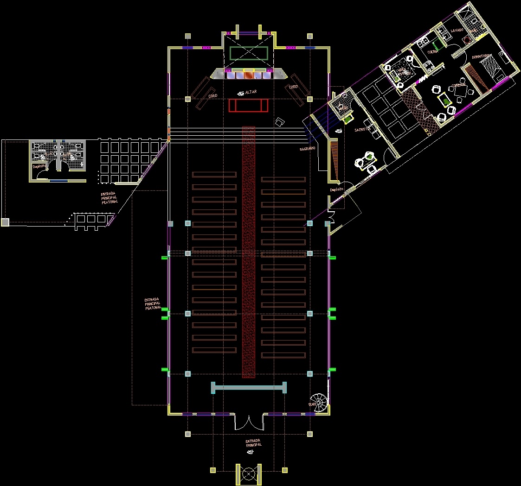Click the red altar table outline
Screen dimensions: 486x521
(249, 105)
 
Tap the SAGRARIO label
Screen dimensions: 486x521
(308, 148)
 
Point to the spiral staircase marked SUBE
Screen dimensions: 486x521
(319, 401)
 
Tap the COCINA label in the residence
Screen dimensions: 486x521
(433, 51)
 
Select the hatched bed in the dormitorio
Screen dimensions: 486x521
(478, 76)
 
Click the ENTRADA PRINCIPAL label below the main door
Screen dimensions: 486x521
(254, 443)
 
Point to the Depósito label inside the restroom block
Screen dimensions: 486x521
(39, 166)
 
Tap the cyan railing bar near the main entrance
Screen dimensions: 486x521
(249, 387)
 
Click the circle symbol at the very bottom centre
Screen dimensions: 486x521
(249, 474)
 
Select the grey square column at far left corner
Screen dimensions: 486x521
(5, 222)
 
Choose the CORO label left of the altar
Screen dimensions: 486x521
(213, 96)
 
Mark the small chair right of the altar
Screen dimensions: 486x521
(280, 122)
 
